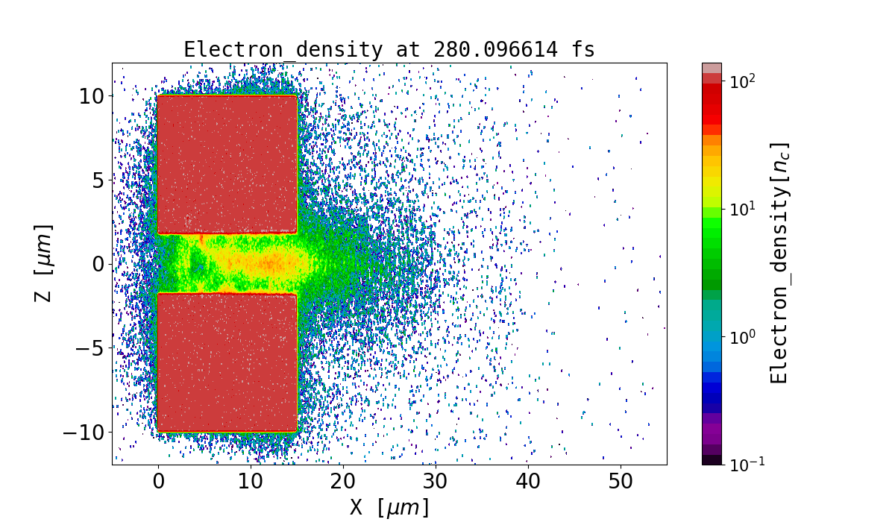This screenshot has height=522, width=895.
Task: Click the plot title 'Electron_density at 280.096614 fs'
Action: point(389,50)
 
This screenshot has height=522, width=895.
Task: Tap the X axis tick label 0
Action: point(158,482)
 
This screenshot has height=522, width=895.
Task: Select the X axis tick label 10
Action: point(251,482)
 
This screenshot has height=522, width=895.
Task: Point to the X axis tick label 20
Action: point(343,482)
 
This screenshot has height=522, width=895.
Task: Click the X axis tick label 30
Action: point(436,482)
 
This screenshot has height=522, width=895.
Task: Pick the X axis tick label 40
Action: point(528,482)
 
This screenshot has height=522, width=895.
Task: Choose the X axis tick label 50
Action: point(621,482)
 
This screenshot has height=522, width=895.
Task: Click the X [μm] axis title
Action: point(389,508)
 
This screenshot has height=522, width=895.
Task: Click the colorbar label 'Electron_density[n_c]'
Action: point(779,263)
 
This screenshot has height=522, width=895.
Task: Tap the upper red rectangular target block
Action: point(227,164)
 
